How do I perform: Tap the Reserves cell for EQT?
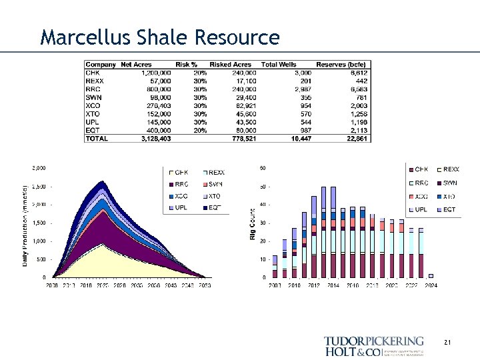[x=357, y=131]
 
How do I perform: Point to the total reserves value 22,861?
[x=355, y=138]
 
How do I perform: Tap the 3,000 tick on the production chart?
[x=39, y=167]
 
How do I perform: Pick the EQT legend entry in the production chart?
[x=215, y=208]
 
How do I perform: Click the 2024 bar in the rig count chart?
[x=430, y=275]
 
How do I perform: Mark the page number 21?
[x=447, y=343]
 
